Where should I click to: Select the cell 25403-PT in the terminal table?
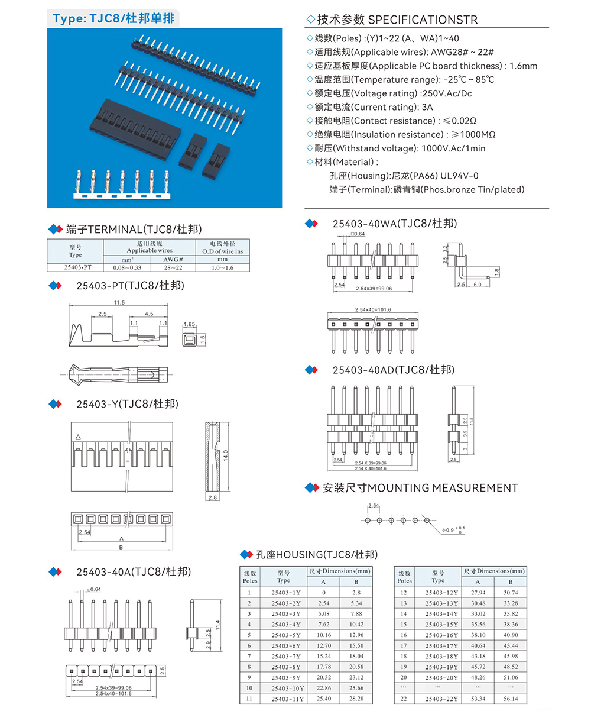[75, 267]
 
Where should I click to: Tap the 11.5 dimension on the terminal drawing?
[119, 303]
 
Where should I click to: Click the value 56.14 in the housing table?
[511, 699]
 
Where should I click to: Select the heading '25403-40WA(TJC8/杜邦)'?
[394, 224]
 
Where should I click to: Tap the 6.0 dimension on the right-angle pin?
[477, 285]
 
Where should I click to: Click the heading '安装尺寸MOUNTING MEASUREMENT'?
[420, 488]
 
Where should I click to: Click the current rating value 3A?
[427, 107]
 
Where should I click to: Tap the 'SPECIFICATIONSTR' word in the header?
[423, 20]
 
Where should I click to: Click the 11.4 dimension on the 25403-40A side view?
[217, 625]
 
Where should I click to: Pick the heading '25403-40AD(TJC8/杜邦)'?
[394, 370]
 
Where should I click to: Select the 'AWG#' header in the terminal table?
[173, 259]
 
